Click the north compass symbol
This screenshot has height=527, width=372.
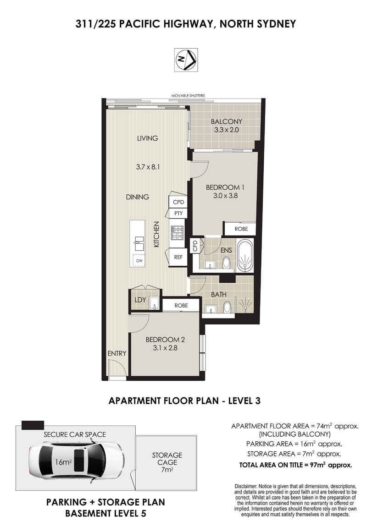point(186,60)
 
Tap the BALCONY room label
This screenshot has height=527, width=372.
point(226,121)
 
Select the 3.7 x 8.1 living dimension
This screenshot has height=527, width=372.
point(148,166)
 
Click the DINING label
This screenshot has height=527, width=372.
point(137,197)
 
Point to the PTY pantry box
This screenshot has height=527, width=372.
point(178,213)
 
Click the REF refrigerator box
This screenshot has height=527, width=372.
point(178,257)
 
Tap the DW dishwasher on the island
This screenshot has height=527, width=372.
point(139,261)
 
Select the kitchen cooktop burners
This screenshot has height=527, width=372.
point(177,232)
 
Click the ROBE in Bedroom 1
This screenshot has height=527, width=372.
point(241,229)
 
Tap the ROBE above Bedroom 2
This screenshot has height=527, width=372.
point(181,306)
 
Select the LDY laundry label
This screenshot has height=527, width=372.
point(140,300)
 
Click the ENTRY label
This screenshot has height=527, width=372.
point(117,353)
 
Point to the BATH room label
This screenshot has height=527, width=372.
point(219,294)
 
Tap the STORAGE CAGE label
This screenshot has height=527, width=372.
point(167,459)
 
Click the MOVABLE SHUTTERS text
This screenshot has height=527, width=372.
point(188,96)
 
